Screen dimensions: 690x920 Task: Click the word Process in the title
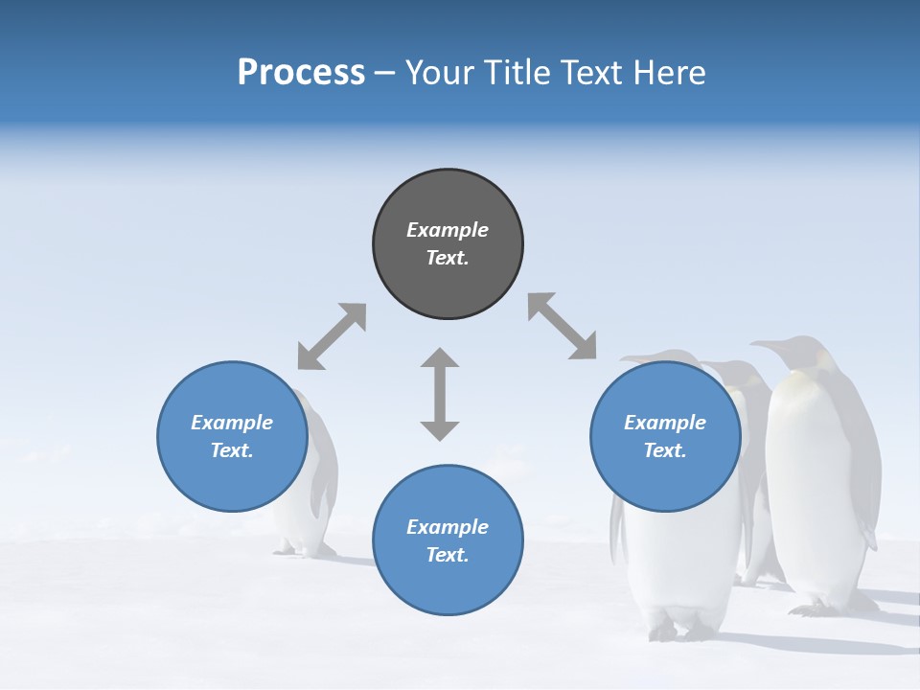point(301,73)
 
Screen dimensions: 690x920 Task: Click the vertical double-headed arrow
point(440,394)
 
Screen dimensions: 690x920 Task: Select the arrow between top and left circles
point(332,336)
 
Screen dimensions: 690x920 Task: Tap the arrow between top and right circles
point(562,326)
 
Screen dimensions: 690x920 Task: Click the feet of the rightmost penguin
point(824,607)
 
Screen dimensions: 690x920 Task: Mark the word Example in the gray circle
point(448,230)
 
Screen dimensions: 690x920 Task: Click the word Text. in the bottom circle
point(448,555)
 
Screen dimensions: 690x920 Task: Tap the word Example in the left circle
point(232,423)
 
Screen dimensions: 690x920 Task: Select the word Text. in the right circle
point(665,450)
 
